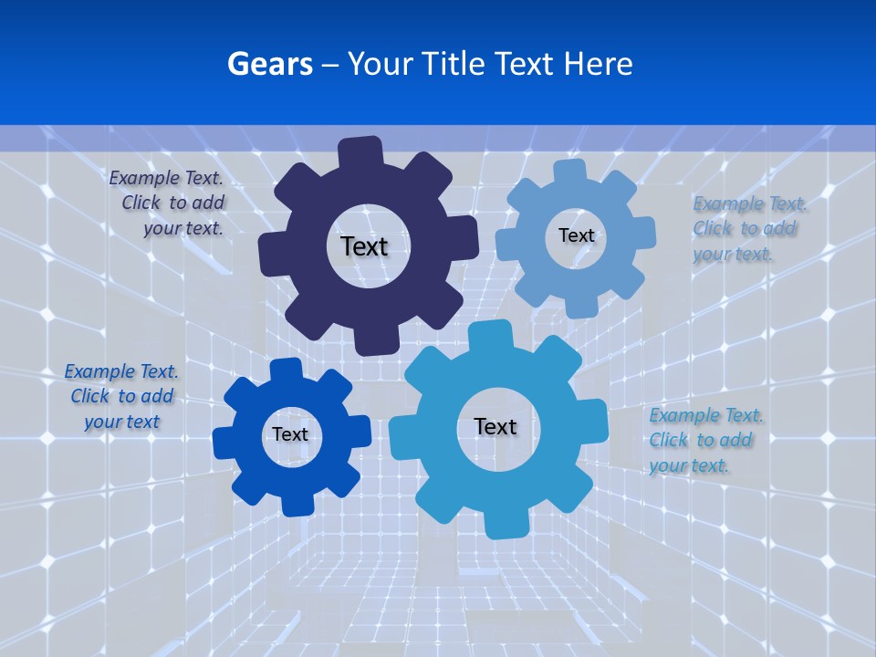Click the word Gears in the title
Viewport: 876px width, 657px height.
tap(270, 64)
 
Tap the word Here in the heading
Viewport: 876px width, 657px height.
tap(597, 64)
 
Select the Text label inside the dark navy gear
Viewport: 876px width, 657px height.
tap(364, 246)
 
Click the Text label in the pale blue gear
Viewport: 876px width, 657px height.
tap(576, 235)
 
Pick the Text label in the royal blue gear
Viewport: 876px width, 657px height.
tap(290, 434)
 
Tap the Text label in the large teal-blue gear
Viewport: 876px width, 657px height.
tap(495, 426)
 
